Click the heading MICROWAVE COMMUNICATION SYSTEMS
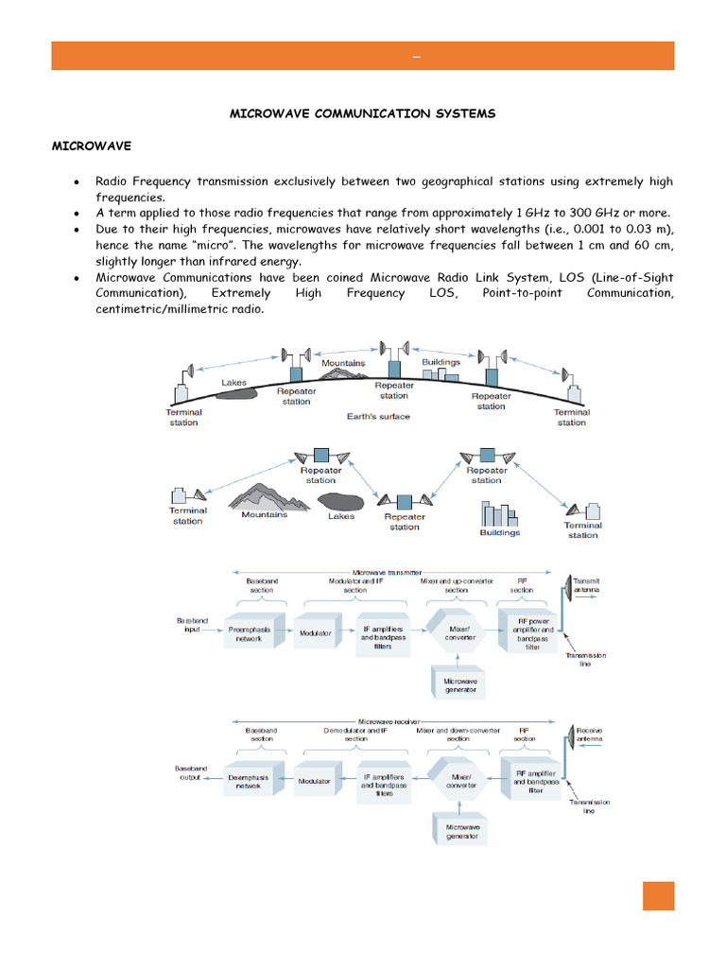tap(363, 113)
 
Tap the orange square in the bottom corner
tap(658, 895)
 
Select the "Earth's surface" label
tap(378, 416)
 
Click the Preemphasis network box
tap(250, 633)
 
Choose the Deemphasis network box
tap(250, 782)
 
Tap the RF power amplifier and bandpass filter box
tap(528, 633)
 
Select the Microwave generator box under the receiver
tap(461, 830)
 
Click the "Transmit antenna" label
tap(587, 585)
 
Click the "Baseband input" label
tap(191, 625)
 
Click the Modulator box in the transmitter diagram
tap(315, 633)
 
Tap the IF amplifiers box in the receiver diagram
tap(384, 784)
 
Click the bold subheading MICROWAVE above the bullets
tap(91, 147)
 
